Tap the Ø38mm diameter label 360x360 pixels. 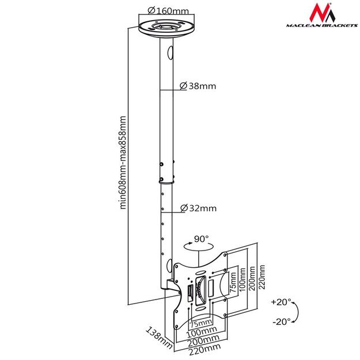click(x=198, y=86)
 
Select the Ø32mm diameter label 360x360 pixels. click(x=198, y=208)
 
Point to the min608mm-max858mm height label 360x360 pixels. click(x=122, y=163)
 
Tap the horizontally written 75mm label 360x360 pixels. click(x=200, y=323)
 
